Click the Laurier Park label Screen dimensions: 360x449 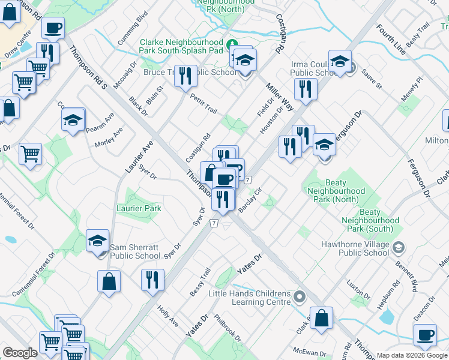click(139, 208)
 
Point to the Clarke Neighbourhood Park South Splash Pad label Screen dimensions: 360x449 click(181, 46)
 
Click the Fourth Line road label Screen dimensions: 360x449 click(392, 40)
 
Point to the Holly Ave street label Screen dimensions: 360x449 click(167, 316)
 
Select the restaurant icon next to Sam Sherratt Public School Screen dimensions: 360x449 click(152, 280)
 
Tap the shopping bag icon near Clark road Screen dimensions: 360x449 click(322, 319)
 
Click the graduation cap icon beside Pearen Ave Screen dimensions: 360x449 click(73, 119)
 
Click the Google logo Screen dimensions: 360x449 click(20, 353)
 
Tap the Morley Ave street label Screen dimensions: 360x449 click(109, 139)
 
